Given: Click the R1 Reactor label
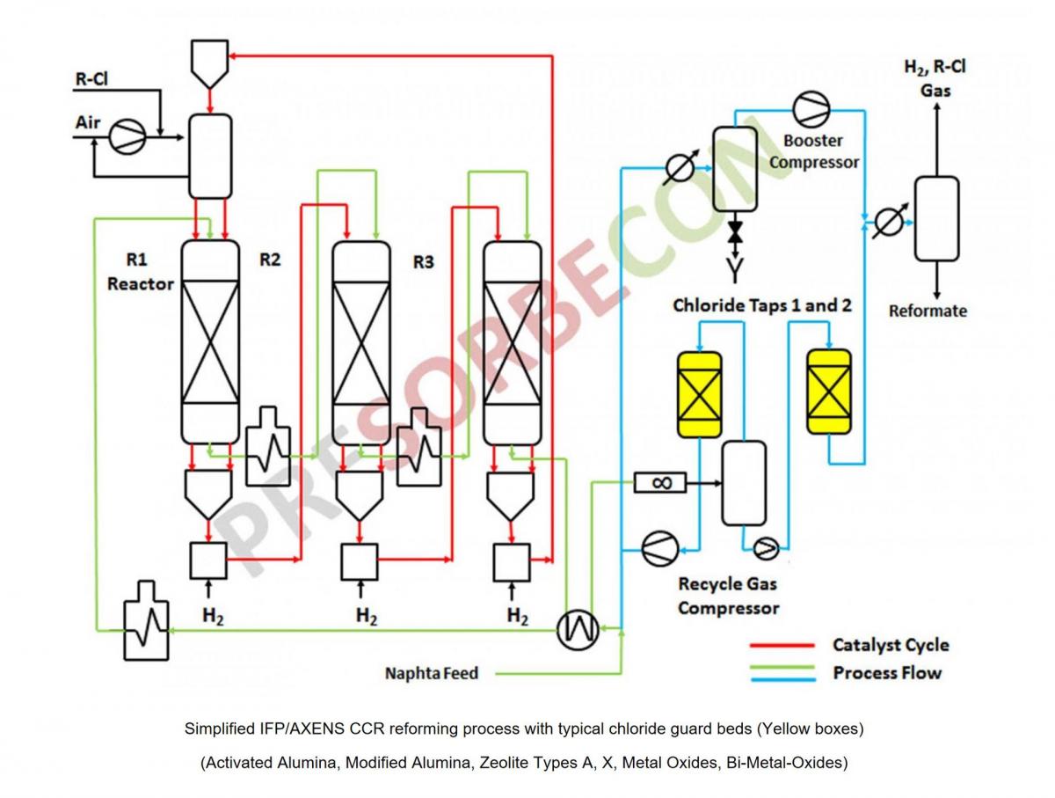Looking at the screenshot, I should [140, 272].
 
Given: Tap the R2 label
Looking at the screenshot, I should [271, 260].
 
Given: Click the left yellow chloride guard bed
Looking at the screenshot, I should [699, 394].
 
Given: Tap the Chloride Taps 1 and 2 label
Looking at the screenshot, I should [761, 306].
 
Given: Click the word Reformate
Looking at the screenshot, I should [928, 311].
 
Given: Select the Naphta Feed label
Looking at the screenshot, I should [432, 673].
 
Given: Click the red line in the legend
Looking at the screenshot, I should [782, 646].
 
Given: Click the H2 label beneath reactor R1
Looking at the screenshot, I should [213, 616].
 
